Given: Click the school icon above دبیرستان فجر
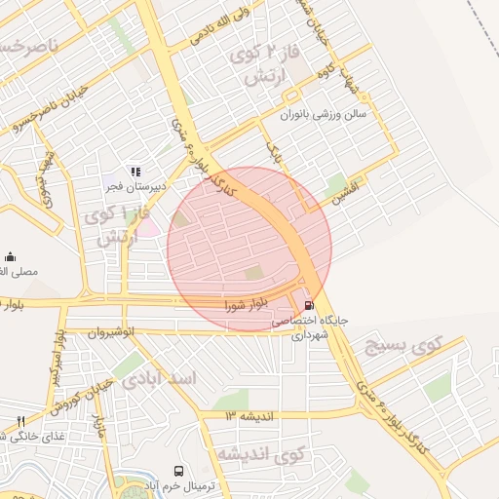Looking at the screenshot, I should coord(135,172).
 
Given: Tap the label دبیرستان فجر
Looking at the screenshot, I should coord(135,185).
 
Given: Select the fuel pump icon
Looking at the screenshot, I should coord(310,304).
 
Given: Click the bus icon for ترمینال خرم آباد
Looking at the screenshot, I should coord(178,471).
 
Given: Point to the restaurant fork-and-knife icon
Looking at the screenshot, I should coord(20,420).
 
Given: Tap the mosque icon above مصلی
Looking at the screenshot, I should coord(9,256).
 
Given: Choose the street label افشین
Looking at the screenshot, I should coord(345,187).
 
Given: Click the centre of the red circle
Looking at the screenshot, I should coord(249,249).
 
